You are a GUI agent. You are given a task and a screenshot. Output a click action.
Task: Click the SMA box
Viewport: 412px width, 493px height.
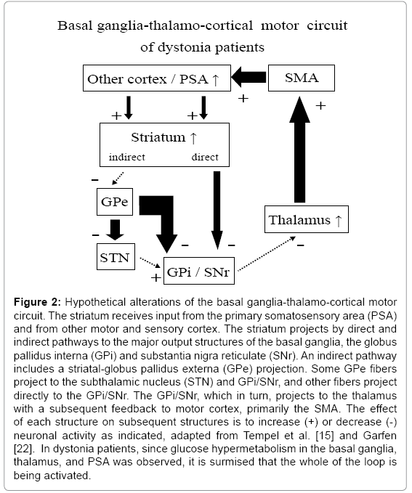(302, 78)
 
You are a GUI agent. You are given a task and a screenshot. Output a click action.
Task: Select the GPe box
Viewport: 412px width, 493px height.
(115, 202)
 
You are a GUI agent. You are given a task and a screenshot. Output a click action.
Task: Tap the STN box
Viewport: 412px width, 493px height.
(116, 256)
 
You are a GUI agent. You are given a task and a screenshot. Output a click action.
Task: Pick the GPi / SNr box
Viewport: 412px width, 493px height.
(199, 271)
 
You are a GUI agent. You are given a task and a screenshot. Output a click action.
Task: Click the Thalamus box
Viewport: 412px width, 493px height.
(307, 219)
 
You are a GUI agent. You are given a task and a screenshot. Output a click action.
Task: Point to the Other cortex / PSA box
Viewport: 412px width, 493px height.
(157, 78)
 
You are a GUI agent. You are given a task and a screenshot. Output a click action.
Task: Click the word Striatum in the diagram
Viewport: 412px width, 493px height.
(158, 137)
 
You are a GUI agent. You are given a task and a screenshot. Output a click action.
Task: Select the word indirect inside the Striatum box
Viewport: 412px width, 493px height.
(127, 157)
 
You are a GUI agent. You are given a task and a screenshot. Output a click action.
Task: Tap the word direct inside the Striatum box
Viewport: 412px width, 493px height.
(205, 157)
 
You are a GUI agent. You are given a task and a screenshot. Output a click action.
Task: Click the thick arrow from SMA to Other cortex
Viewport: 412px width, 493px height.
(249, 77)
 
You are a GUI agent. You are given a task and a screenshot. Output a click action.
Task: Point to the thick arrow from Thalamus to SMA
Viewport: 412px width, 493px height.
(299, 150)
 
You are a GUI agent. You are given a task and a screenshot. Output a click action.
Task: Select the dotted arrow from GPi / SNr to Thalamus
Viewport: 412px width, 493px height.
(267, 253)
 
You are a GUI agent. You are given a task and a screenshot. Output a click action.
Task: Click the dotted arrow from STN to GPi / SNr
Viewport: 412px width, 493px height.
(150, 263)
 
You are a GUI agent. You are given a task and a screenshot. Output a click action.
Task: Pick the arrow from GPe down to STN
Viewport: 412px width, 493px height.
(115, 230)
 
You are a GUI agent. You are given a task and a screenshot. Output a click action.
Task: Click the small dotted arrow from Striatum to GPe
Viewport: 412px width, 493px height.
(118, 179)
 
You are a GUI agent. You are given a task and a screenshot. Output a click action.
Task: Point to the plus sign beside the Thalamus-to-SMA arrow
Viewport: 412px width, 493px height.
(320, 106)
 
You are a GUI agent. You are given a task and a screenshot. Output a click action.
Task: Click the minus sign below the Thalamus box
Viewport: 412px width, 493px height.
(301, 245)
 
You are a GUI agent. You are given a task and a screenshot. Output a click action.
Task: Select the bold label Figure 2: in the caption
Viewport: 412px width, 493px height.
(38, 302)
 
